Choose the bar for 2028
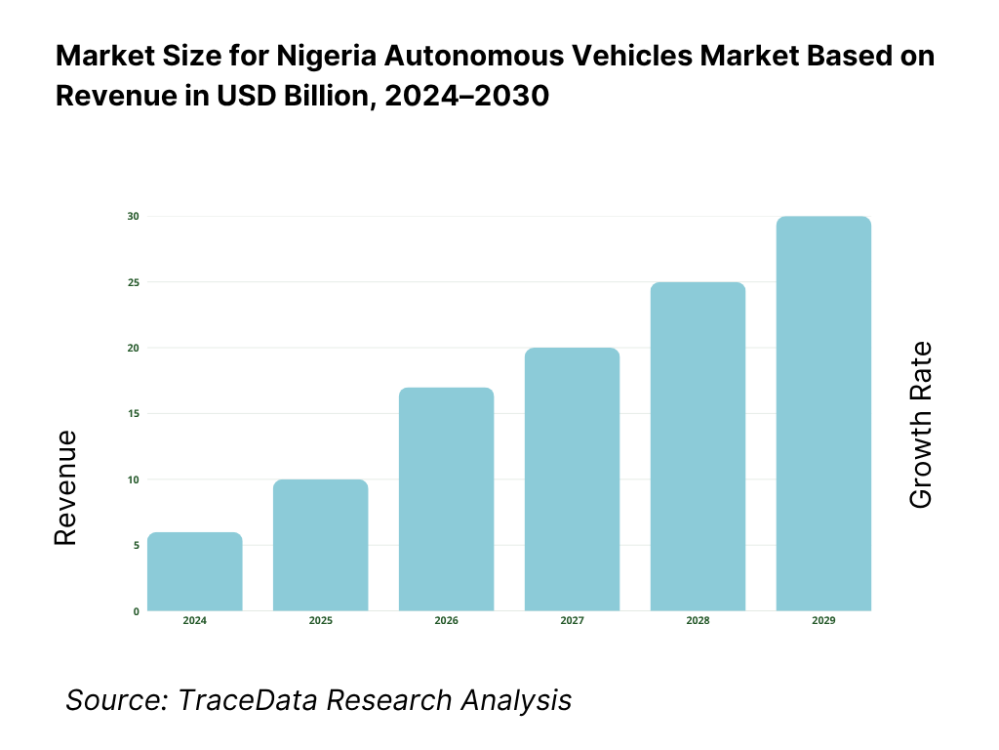(698, 446)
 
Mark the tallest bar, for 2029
(823, 413)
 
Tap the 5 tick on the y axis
(136, 545)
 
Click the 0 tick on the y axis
(136, 611)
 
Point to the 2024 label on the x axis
(195, 621)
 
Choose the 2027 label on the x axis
(572, 621)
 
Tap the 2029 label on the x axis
(823, 621)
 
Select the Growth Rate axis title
(920, 425)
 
